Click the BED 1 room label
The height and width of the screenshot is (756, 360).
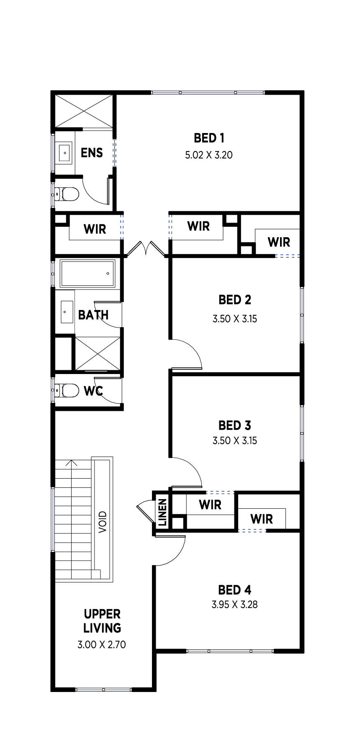[x=209, y=138]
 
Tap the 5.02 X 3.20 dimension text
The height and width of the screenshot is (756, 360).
[x=209, y=155]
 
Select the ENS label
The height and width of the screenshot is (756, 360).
[x=92, y=153]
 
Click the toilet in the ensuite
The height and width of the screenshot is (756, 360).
[x=67, y=194]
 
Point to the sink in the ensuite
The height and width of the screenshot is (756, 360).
[x=64, y=153]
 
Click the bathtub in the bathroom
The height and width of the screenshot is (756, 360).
[x=87, y=274]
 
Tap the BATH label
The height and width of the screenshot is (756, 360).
[x=93, y=315]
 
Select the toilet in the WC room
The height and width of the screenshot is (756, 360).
[x=67, y=390]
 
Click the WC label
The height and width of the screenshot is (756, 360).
[x=93, y=391]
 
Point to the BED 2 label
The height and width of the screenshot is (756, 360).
[x=235, y=300]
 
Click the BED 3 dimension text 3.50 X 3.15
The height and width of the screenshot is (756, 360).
[x=235, y=441]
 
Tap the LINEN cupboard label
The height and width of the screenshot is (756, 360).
[x=162, y=512]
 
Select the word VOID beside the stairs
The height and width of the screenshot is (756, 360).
[x=103, y=522]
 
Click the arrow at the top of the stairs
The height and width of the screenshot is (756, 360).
[x=72, y=464]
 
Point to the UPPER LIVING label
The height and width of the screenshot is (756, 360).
[x=102, y=621]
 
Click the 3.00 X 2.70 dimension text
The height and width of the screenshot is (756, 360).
[x=102, y=645]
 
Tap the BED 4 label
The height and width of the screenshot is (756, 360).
[x=235, y=590]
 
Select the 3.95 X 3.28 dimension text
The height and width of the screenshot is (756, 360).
[x=235, y=605]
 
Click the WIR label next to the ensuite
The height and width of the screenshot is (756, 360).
[x=95, y=229]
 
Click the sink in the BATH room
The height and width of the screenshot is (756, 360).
[x=67, y=312]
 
